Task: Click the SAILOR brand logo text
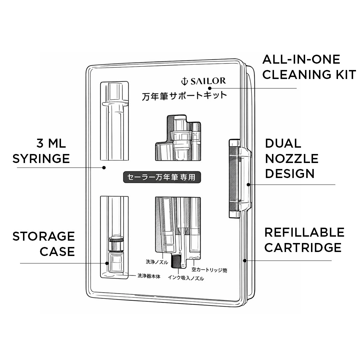(x=208, y=81)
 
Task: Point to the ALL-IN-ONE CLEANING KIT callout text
(x=309, y=67)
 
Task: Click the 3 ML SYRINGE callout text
(x=41, y=151)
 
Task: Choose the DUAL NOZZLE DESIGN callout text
(x=292, y=158)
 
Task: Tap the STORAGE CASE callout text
(x=44, y=244)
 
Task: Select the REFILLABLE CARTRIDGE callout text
(x=304, y=240)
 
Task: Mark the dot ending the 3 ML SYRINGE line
(x=104, y=167)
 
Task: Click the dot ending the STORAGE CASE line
(x=107, y=263)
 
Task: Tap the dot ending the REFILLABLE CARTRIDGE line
(x=245, y=260)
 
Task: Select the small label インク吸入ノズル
(x=186, y=278)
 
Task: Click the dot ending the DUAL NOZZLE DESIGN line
(x=248, y=184)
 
